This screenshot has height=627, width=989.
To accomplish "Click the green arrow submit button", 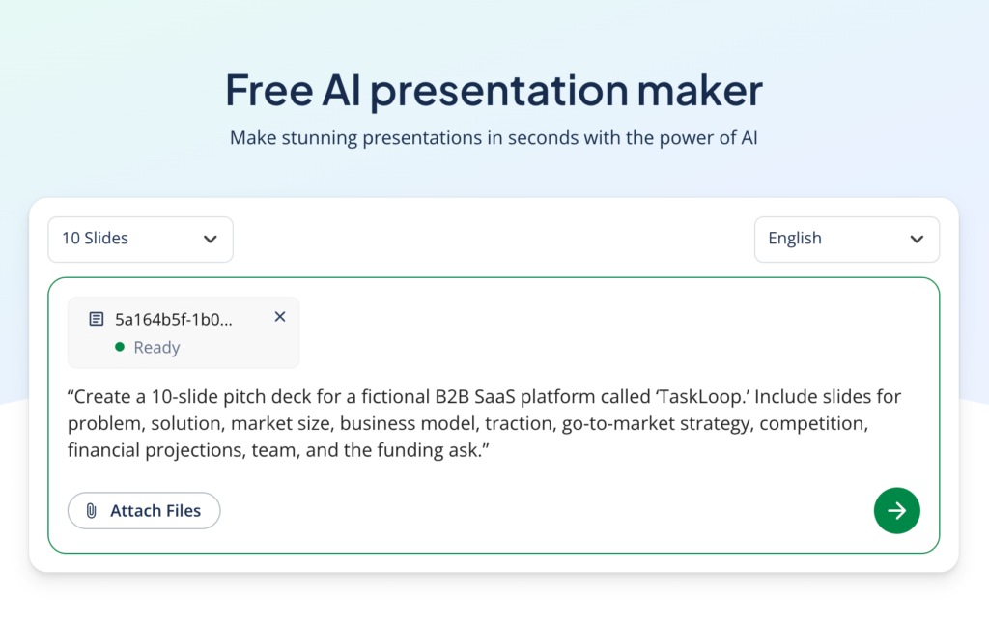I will pyautogui.click(x=896, y=510).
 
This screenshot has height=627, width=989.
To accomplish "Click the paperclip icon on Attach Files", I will pyautogui.click(x=92, y=511).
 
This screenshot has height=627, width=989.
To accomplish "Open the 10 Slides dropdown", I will pyautogui.click(x=140, y=239).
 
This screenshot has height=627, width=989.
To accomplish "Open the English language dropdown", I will pyautogui.click(x=846, y=239).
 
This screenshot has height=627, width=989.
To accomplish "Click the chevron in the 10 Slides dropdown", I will pyautogui.click(x=210, y=240).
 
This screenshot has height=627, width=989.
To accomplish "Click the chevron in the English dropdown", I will pyautogui.click(x=917, y=240).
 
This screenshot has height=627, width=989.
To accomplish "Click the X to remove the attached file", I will pyautogui.click(x=280, y=316).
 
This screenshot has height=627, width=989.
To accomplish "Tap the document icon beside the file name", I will pyautogui.click(x=97, y=318).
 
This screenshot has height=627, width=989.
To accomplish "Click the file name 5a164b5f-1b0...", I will pyautogui.click(x=174, y=318).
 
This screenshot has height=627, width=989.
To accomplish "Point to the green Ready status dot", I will pyautogui.click(x=120, y=347).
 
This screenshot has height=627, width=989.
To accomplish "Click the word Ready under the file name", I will pyautogui.click(x=156, y=348).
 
